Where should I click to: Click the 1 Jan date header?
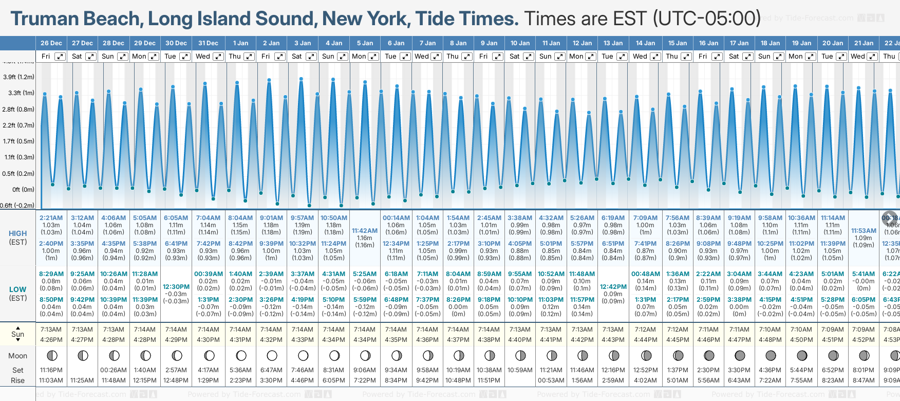[240, 43]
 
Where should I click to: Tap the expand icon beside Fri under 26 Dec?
[60, 57]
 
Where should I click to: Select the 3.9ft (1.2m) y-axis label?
[19, 77]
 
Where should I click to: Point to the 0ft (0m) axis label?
[24, 190]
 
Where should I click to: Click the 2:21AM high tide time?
[51, 218]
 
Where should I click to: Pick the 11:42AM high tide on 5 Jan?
[365, 231]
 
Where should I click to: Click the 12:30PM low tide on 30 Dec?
[176, 287]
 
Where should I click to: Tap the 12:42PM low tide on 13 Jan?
[613, 287]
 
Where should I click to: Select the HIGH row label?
[18, 233]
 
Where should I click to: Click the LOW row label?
[18, 289]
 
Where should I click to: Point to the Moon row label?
[18, 356]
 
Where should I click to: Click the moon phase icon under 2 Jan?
[272, 355]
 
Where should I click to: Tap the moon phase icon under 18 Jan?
[771, 355]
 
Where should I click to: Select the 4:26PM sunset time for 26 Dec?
[51, 340]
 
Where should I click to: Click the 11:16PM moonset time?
[51, 370]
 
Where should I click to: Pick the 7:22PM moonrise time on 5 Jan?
[365, 380]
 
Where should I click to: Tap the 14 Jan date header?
[645, 43]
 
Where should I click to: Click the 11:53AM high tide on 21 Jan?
[864, 231]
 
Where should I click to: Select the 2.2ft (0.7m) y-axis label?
[19, 125]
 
